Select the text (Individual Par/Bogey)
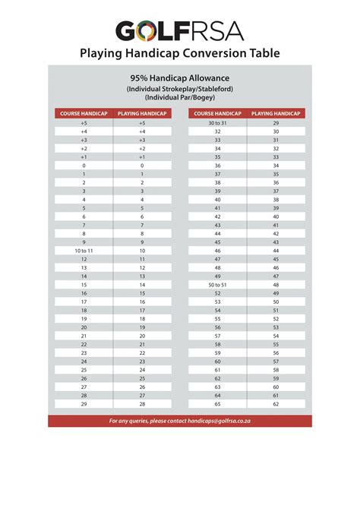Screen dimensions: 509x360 (x=179, y=97)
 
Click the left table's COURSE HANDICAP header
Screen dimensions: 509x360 (x=84, y=113)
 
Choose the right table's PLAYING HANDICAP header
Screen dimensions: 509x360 (x=276, y=113)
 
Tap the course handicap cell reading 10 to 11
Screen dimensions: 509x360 (x=84, y=250)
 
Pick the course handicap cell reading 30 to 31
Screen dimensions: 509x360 (x=217, y=122)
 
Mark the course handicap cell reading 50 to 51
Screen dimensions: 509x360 (x=217, y=284)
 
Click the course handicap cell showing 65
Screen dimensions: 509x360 (x=217, y=404)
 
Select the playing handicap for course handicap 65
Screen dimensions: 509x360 (x=276, y=404)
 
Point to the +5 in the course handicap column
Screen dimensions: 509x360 (x=84, y=122)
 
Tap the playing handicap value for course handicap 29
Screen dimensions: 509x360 (x=142, y=404)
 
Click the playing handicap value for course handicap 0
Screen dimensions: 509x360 (x=142, y=165)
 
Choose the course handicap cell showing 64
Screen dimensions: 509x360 (x=217, y=395)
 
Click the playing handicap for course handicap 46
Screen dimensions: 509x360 (x=276, y=250)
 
